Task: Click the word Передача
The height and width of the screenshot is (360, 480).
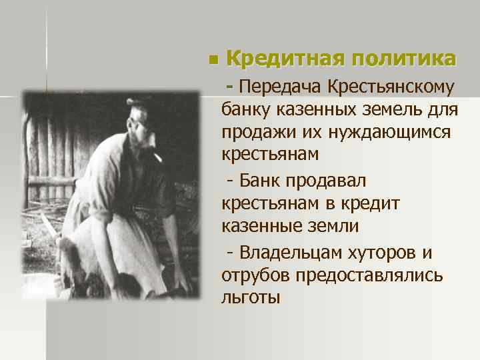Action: pos(281,87)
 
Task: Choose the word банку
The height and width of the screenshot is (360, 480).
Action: pos(247,109)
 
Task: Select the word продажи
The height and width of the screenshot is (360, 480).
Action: pos(257,131)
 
